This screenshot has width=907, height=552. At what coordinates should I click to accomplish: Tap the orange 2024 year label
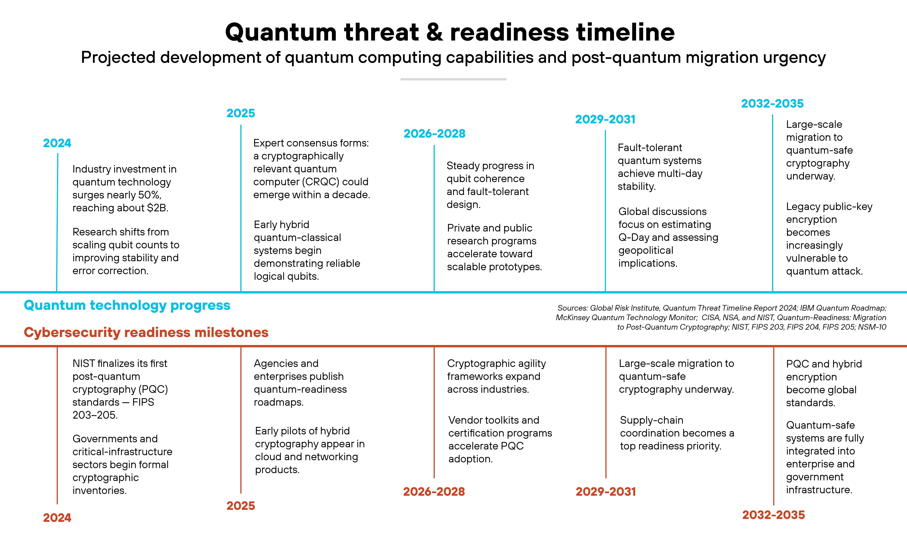57,518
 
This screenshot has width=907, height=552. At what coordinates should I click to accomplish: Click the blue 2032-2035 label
772,103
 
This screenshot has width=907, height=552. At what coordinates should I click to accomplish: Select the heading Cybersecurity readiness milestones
146,332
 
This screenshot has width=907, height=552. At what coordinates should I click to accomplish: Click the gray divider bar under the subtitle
453,79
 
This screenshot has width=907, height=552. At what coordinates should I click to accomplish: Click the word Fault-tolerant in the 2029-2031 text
650,148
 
